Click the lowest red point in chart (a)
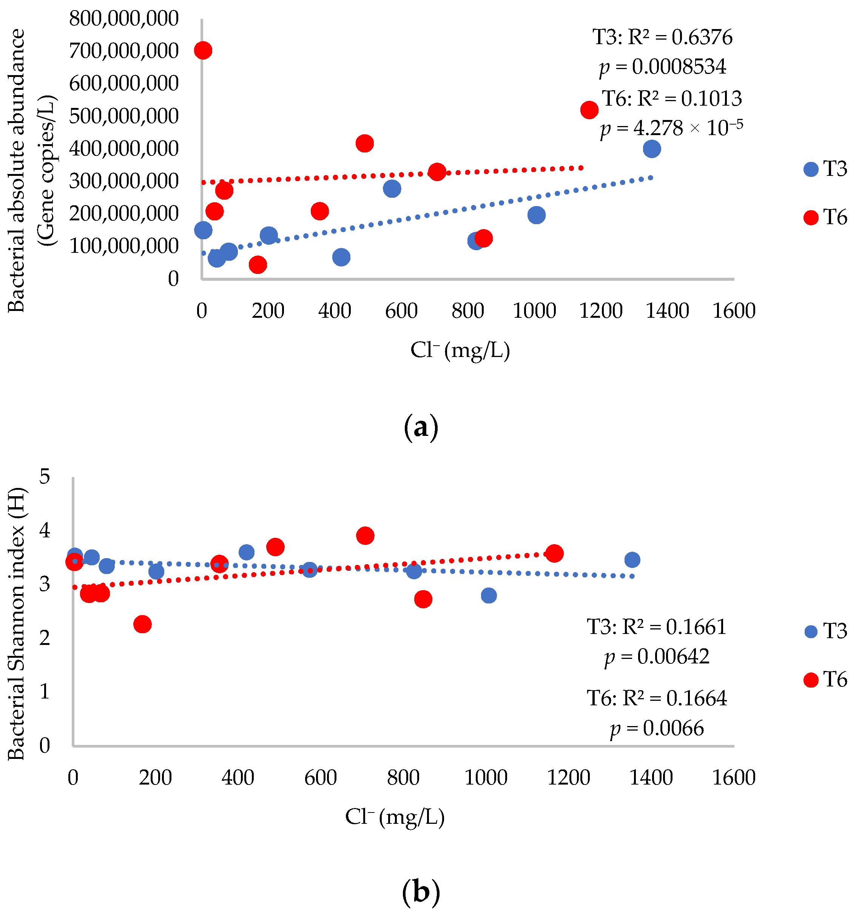[x=258, y=265]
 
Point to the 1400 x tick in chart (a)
[x=667, y=311]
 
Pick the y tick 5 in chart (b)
[x=45, y=477]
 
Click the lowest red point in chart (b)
[x=143, y=624]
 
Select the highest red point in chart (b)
[x=365, y=535]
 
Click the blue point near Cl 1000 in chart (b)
[x=489, y=596]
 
